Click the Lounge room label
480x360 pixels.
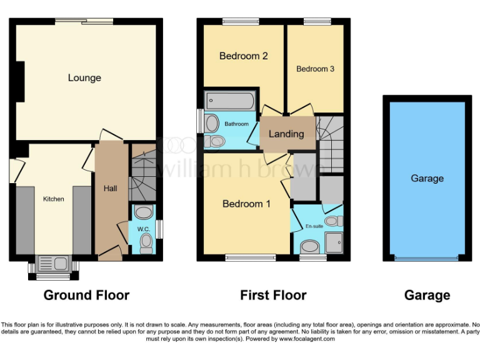coord(84,78)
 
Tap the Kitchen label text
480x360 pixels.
coord(53,199)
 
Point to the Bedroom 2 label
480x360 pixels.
coord(243,56)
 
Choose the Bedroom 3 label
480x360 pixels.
coord(315,69)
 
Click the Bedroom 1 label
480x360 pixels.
coord(247,204)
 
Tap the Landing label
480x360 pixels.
coord(286,134)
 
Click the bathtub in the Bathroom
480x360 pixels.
coord(230,99)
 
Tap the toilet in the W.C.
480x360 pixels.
coord(146,241)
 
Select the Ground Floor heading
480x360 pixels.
coord(86,295)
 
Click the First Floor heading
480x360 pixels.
coord(273,295)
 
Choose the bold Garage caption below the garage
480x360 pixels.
coord(427,295)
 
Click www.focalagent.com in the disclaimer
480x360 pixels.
coord(307,339)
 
